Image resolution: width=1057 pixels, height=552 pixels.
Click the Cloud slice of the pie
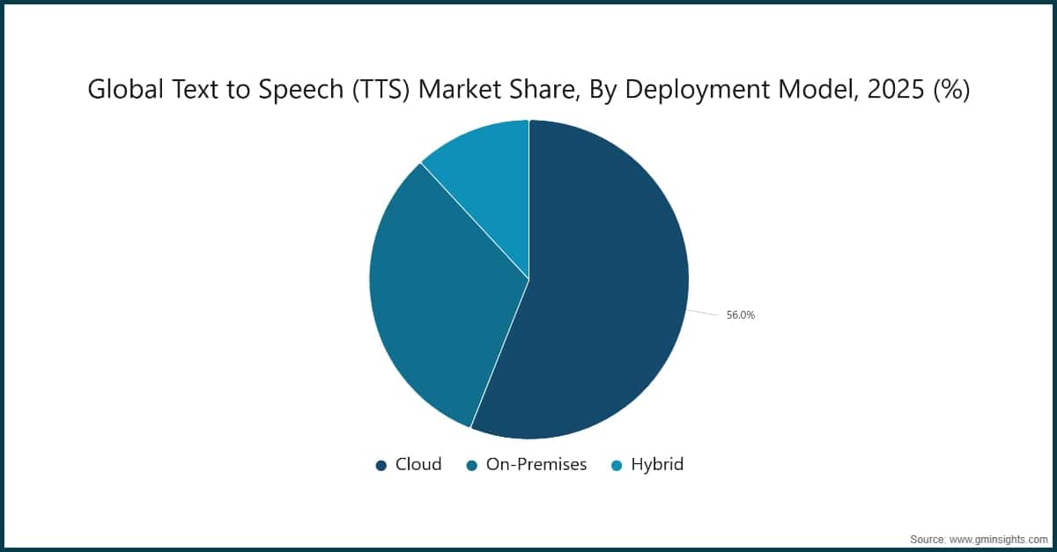(x=599, y=291)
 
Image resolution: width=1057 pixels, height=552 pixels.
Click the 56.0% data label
(x=740, y=315)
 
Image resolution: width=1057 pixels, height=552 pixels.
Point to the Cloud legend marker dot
(x=381, y=466)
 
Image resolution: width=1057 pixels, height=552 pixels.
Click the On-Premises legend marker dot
(x=472, y=466)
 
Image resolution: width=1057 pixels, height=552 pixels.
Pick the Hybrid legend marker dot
(x=617, y=466)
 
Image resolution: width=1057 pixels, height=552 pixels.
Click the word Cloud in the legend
(x=418, y=465)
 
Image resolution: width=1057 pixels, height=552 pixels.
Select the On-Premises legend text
(x=536, y=465)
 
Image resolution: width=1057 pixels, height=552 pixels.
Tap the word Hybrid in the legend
(x=657, y=465)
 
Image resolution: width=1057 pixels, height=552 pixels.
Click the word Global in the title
(x=117, y=90)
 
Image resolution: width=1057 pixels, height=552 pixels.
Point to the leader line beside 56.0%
(x=703, y=313)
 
